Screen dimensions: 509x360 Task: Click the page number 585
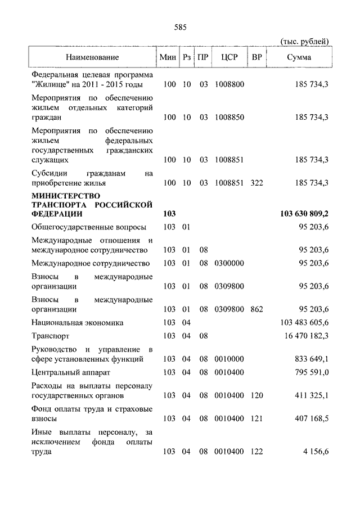(x=180, y=26)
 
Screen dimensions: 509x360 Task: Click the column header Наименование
(x=92, y=57)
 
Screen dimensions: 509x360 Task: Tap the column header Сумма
(x=299, y=57)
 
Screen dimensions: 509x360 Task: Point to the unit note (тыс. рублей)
(x=304, y=41)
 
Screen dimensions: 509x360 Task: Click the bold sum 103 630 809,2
(x=304, y=214)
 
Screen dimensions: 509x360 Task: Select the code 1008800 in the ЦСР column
(x=228, y=84)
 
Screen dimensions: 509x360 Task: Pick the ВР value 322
(x=257, y=183)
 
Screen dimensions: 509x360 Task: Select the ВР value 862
(x=257, y=309)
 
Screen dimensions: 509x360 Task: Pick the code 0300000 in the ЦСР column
(x=228, y=263)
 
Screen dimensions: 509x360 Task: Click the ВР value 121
(x=257, y=418)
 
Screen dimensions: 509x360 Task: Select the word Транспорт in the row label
(x=51, y=335)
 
